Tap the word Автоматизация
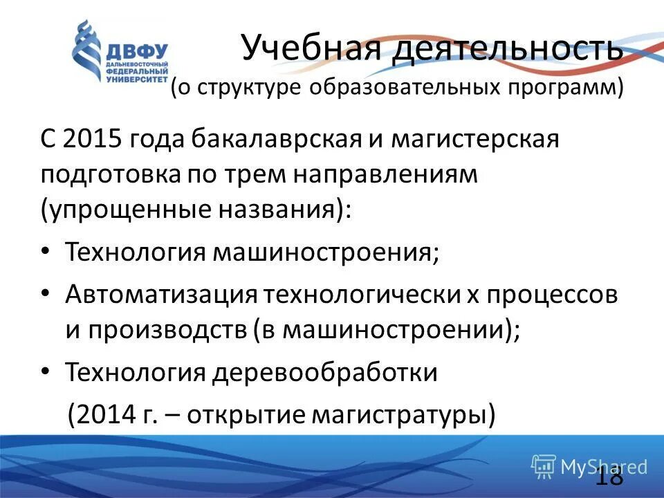[x=160, y=293]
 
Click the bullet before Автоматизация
[x=46, y=293]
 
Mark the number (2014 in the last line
[x=103, y=415]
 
